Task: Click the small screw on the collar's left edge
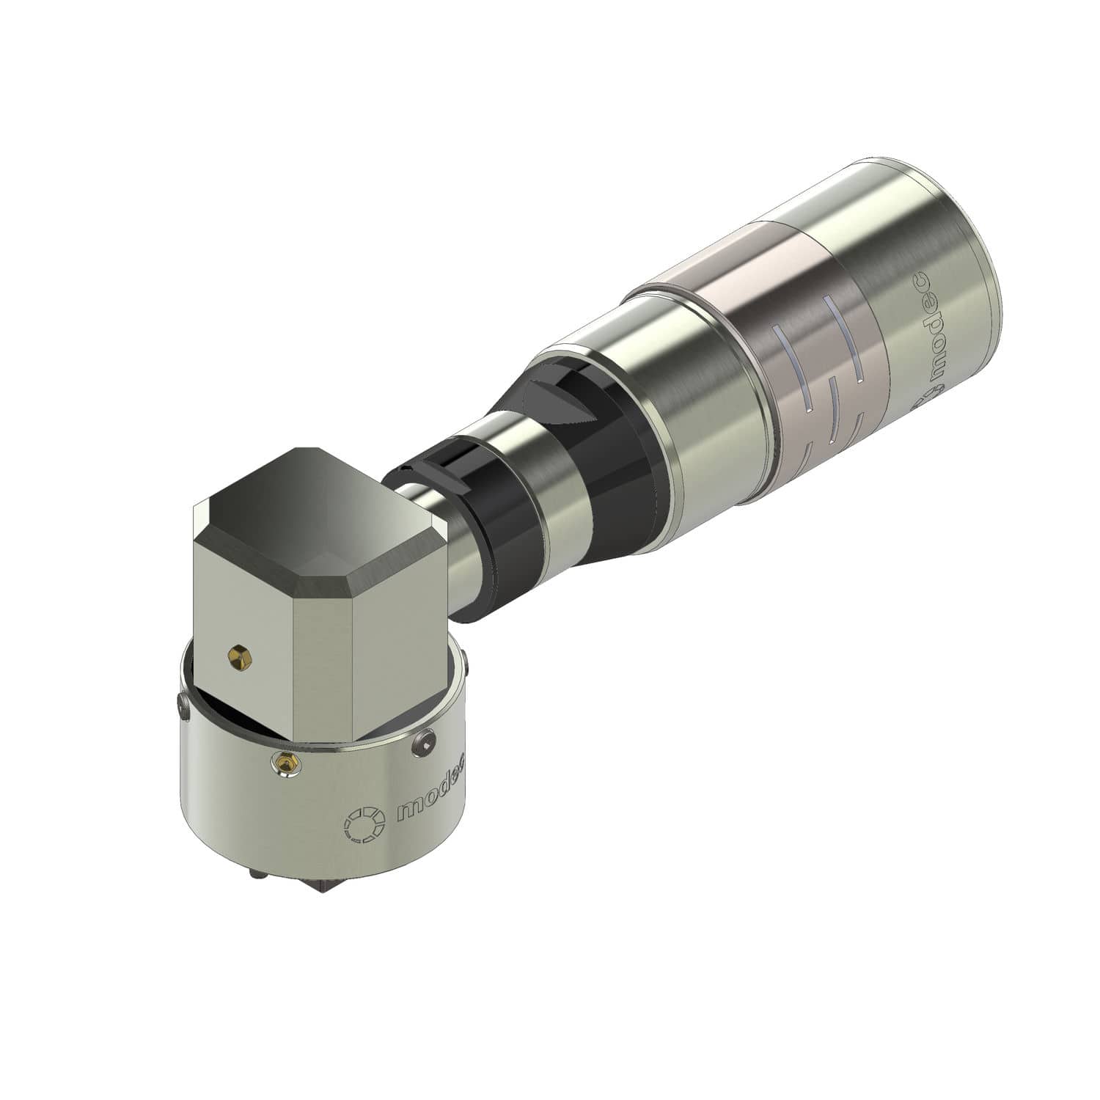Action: coord(182,705)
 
